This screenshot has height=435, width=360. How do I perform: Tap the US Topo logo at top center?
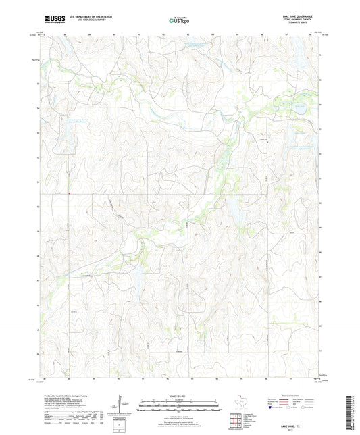(178, 21)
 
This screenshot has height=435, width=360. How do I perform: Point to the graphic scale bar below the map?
(179, 390)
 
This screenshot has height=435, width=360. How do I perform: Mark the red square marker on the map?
(69, 197)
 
